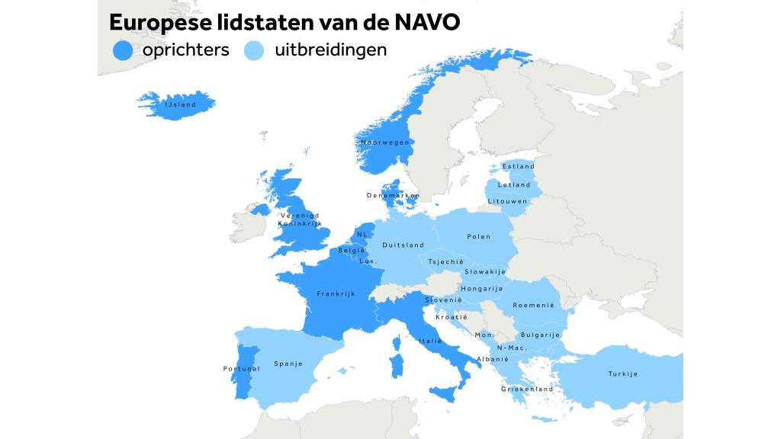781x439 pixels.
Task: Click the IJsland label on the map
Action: pos(181,104)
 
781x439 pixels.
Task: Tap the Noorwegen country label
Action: pos(385,143)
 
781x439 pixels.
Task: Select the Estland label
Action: pos(518,166)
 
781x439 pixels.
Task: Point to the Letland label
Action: pos(514,184)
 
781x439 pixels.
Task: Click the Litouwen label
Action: pos(507,201)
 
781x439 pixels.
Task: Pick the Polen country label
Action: pos(479,236)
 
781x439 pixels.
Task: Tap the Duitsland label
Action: pos(403,245)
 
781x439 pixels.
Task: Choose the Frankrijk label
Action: pos(336,293)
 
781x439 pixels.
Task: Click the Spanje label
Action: pos(288,364)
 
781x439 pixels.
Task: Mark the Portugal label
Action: pos(242,369)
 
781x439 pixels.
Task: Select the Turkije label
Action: pos(622,373)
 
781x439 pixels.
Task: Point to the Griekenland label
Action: pos(527,389)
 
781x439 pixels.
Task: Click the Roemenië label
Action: pos(533,305)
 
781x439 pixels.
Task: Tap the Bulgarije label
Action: pos(540,335)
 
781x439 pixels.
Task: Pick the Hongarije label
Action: pos(482,289)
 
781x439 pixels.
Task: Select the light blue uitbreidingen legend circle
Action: pos(253,50)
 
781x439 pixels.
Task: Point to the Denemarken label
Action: pos(393,196)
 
